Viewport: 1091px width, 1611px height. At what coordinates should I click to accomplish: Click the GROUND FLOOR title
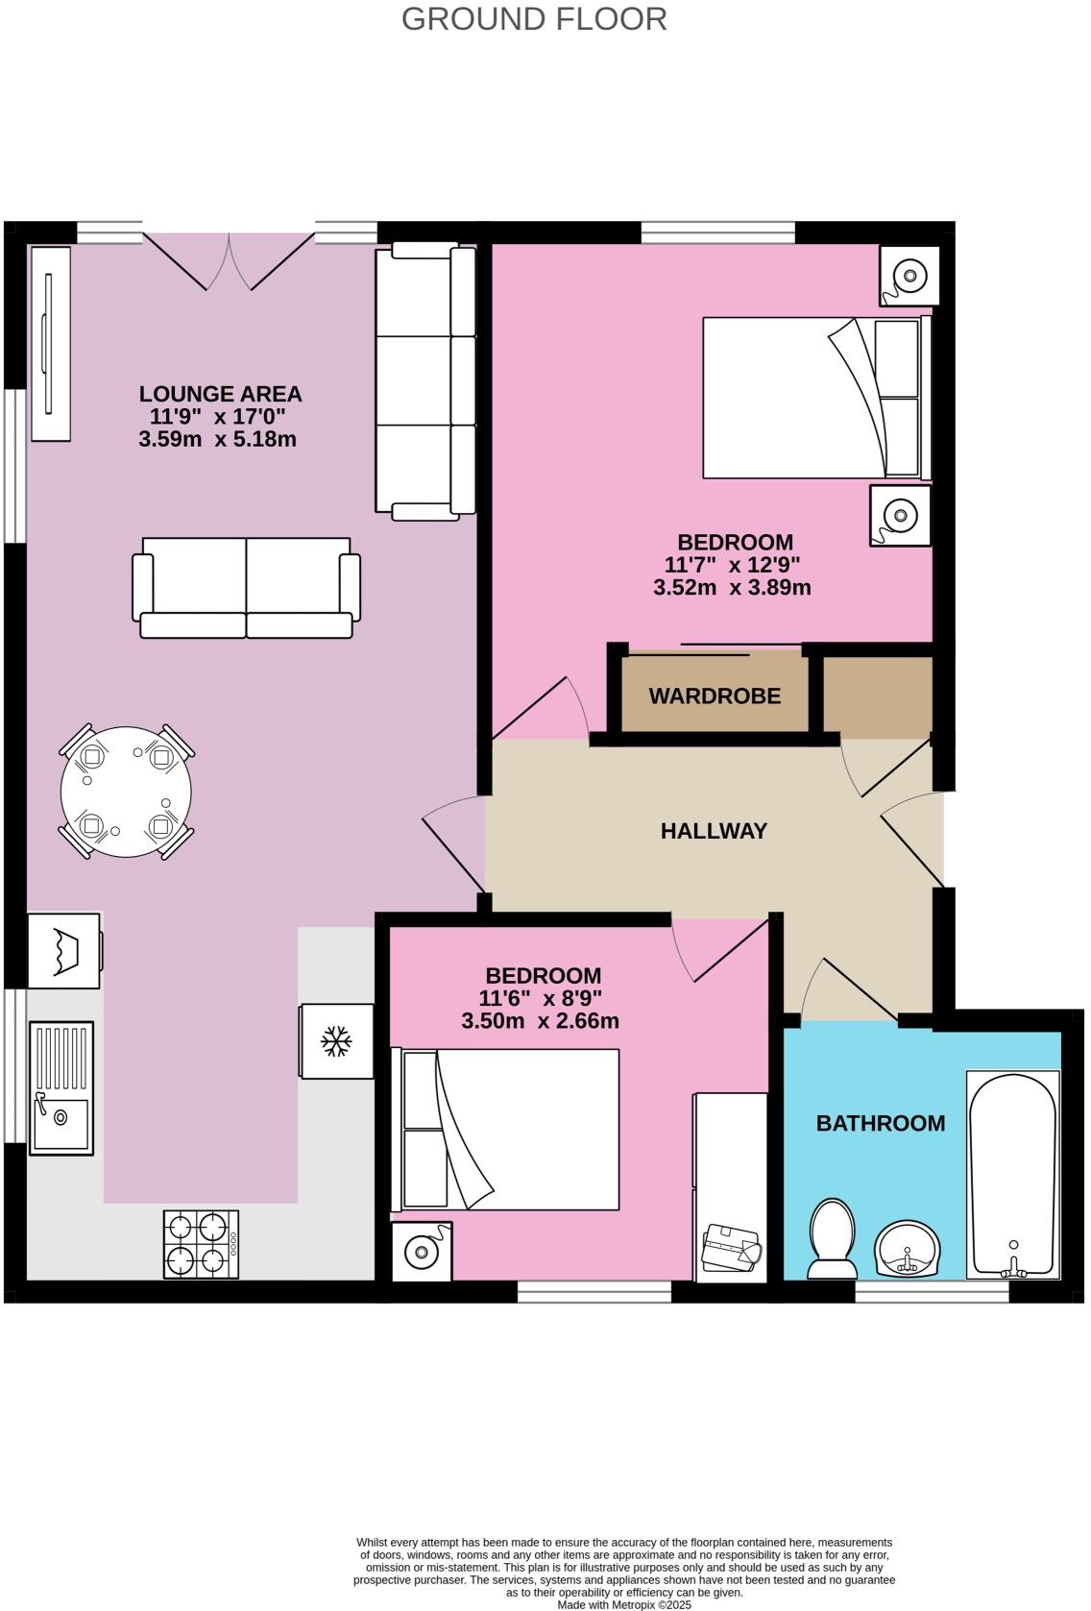pyautogui.click(x=534, y=19)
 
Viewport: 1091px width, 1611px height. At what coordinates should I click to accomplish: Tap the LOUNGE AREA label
pyautogui.click(x=220, y=394)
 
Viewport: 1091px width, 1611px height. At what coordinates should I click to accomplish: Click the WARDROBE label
pyautogui.click(x=715, y=696)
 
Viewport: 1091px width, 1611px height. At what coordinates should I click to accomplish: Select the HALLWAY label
pyautogui.click(x=714, y=831)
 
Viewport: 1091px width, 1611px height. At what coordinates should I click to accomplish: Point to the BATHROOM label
pyautogui.click(x=880, y=1123)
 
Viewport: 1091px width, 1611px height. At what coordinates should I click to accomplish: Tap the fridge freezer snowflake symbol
pyautogui.click(x=335, y=1041)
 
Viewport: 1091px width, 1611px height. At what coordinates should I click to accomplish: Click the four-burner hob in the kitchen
pyautogui.click(x=201, y=1244)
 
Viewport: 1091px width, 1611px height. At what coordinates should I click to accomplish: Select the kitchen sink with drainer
pyautogui.click(x=61, y=1087)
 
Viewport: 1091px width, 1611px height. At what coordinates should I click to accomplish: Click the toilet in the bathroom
pyautogui.click(x=832, y=1239)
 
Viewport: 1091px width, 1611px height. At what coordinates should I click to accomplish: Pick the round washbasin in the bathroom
pyautogui.click(x=907, y=1250)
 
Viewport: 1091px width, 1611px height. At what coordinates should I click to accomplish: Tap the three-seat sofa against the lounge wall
pyautogui.click(x=424, y=380)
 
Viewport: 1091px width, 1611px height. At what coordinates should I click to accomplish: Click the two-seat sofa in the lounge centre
pyautogui.click(x=246, y=587)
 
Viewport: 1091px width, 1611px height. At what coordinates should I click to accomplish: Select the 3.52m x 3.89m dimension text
pyautogui.click(x=732, y=588)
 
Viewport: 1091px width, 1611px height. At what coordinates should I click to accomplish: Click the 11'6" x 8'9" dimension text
pyautogui.click(x=540, y=998)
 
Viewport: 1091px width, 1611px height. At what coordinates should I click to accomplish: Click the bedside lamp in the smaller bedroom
pyautogui.click(x=421, y=1251)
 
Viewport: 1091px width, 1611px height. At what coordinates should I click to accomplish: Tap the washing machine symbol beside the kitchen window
pyautogui.click(x=64, y=950)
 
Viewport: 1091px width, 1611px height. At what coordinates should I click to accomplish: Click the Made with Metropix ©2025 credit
pyautogui.click(x=624, y=1604)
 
